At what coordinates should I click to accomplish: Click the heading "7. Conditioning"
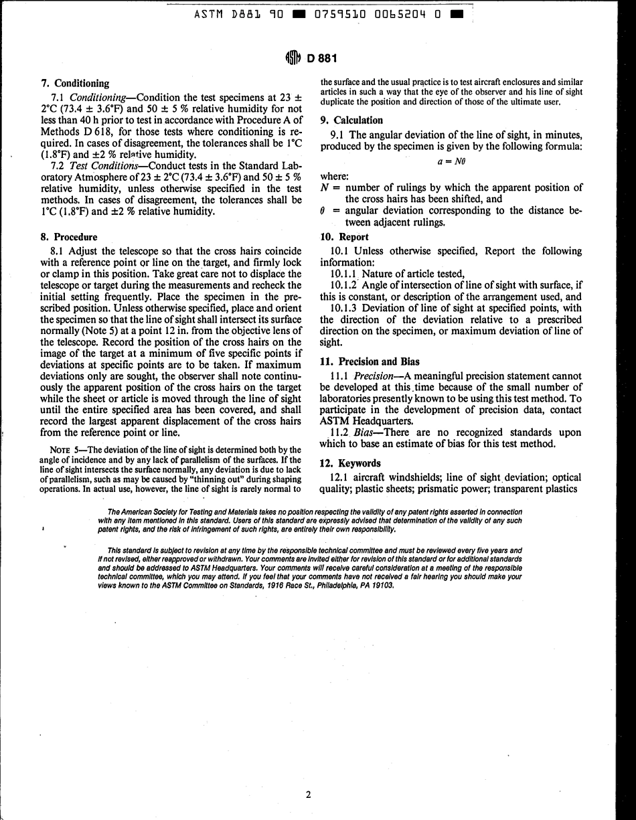point(75,84)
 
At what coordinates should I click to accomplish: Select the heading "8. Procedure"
point(69,237)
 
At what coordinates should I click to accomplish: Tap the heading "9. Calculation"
point(351,120)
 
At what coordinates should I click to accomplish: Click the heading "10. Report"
point(344,237)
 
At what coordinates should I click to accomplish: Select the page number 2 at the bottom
point(308,795)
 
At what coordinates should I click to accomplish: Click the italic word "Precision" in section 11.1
point(378,376)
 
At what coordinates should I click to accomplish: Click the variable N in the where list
point(325,188)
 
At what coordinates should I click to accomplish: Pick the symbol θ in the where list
point(324,211)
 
